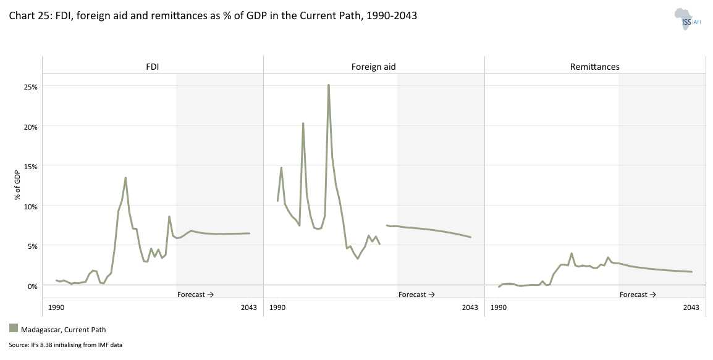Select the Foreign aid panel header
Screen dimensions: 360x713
pos(373,67)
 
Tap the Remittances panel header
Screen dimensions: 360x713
pos(594,67)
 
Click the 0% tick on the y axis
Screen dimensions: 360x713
pos(32,285)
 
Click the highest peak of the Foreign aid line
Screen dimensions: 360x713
pos(329,85)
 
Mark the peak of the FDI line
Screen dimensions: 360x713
pos(125,178)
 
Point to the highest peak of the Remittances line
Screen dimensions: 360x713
pos(572,253)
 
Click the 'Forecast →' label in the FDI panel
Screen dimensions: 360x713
pos(195,295)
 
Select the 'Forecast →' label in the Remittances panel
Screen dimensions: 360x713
pos(638,295)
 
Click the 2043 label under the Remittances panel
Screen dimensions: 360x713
pos(691,308)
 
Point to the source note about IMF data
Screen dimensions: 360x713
pos(65,345)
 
